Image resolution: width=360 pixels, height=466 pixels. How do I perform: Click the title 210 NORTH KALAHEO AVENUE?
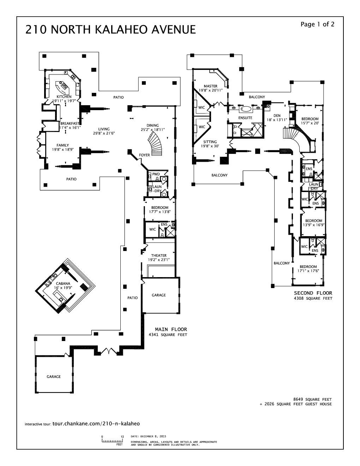coord(110,30)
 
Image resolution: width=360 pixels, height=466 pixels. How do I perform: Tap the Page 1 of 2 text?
coord(317,24)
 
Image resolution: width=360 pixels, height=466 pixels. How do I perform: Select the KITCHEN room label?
coord(64,97)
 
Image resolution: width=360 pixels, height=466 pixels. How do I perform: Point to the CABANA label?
coord(63,283)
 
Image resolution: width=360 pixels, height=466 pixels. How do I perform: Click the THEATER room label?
coord(159,256)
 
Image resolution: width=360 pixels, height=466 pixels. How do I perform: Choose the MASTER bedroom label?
coord(211,86)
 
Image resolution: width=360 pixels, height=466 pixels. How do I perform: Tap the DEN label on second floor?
coord(277,116)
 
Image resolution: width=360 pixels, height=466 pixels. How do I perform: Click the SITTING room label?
coord(210,142)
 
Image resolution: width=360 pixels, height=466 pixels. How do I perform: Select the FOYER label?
coord(144,155)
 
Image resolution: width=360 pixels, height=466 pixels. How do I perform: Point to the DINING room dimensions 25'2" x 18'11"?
coord(153,130)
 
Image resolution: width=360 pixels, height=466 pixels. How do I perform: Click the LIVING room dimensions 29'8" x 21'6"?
coord(104,133)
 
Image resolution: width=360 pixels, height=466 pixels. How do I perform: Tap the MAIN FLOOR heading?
coord(171,329)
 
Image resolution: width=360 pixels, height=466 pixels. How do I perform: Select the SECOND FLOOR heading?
coord(313,293)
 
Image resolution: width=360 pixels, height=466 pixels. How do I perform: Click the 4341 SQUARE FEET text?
coord(168,335)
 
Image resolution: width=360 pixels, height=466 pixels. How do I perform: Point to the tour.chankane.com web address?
coord(96,424)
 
